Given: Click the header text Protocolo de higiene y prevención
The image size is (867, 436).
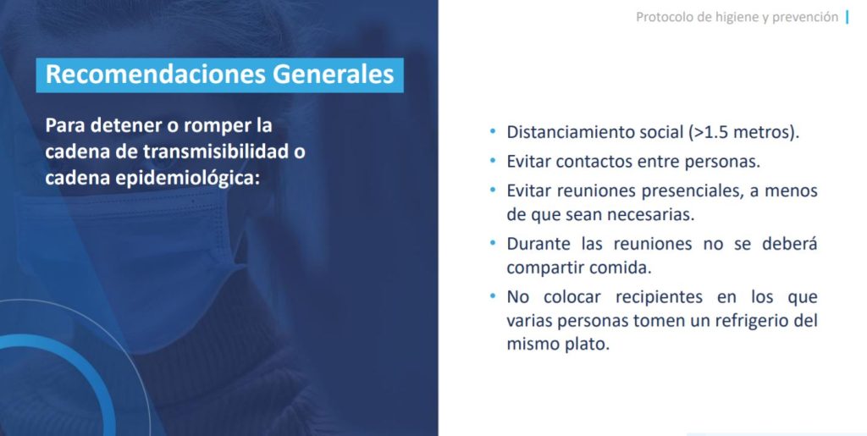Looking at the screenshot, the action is [x=737, y=17].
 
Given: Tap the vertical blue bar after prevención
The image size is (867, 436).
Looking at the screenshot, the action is [x=848, y=17].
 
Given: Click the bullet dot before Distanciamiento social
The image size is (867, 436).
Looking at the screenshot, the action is [x=493, y=132].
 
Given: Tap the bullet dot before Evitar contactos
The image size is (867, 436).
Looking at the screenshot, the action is [x=493, y=162].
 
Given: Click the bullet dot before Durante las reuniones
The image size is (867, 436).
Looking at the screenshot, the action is [x=493, y=243].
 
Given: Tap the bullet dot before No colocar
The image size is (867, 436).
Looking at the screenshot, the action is [x=493, y=296].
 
